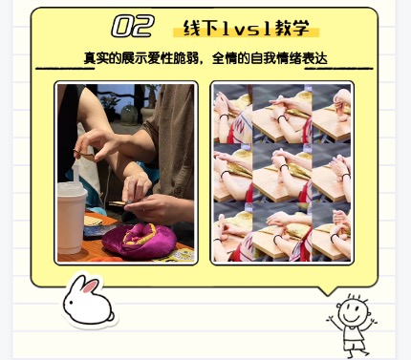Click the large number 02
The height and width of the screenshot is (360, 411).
pyautogui.click(x=133, y=27)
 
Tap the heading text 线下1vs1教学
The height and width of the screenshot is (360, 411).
pyautogui.click(x=246, y=28)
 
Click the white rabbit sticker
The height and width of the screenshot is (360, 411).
pyautogui.click(x=89, y=301)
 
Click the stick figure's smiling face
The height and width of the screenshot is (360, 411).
pyautogui.click(x=353, y=311)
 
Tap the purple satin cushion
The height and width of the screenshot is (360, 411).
pyautogui.click(x=140, y=240)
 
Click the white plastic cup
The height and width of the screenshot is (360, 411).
pyautogui.click(x=72, y=217)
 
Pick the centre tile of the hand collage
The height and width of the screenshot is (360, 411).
pyautogui.click(x=282, y=173)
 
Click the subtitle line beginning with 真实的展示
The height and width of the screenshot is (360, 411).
pyautogui.click(x=205, y=58)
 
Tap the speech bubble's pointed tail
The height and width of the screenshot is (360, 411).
pyautogui.click(x=328, y=291)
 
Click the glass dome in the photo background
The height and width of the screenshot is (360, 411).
pyautogui.click(x=129, y=114)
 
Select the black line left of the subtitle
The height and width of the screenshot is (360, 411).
pyautogui.click(x=65, y=68)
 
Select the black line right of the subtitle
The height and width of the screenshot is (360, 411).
pyautogui.click(x=338, y=68)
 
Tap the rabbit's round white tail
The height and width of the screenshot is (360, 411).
pyautogui.click(x=111, y=316)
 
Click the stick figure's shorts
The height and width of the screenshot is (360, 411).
pyautogui.click(x=353, y=345)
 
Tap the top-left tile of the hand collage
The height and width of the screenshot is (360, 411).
pyautogui.click(x=233, y=114)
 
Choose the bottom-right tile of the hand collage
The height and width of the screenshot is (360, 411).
pyautogui.click(x=332, y=232)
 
